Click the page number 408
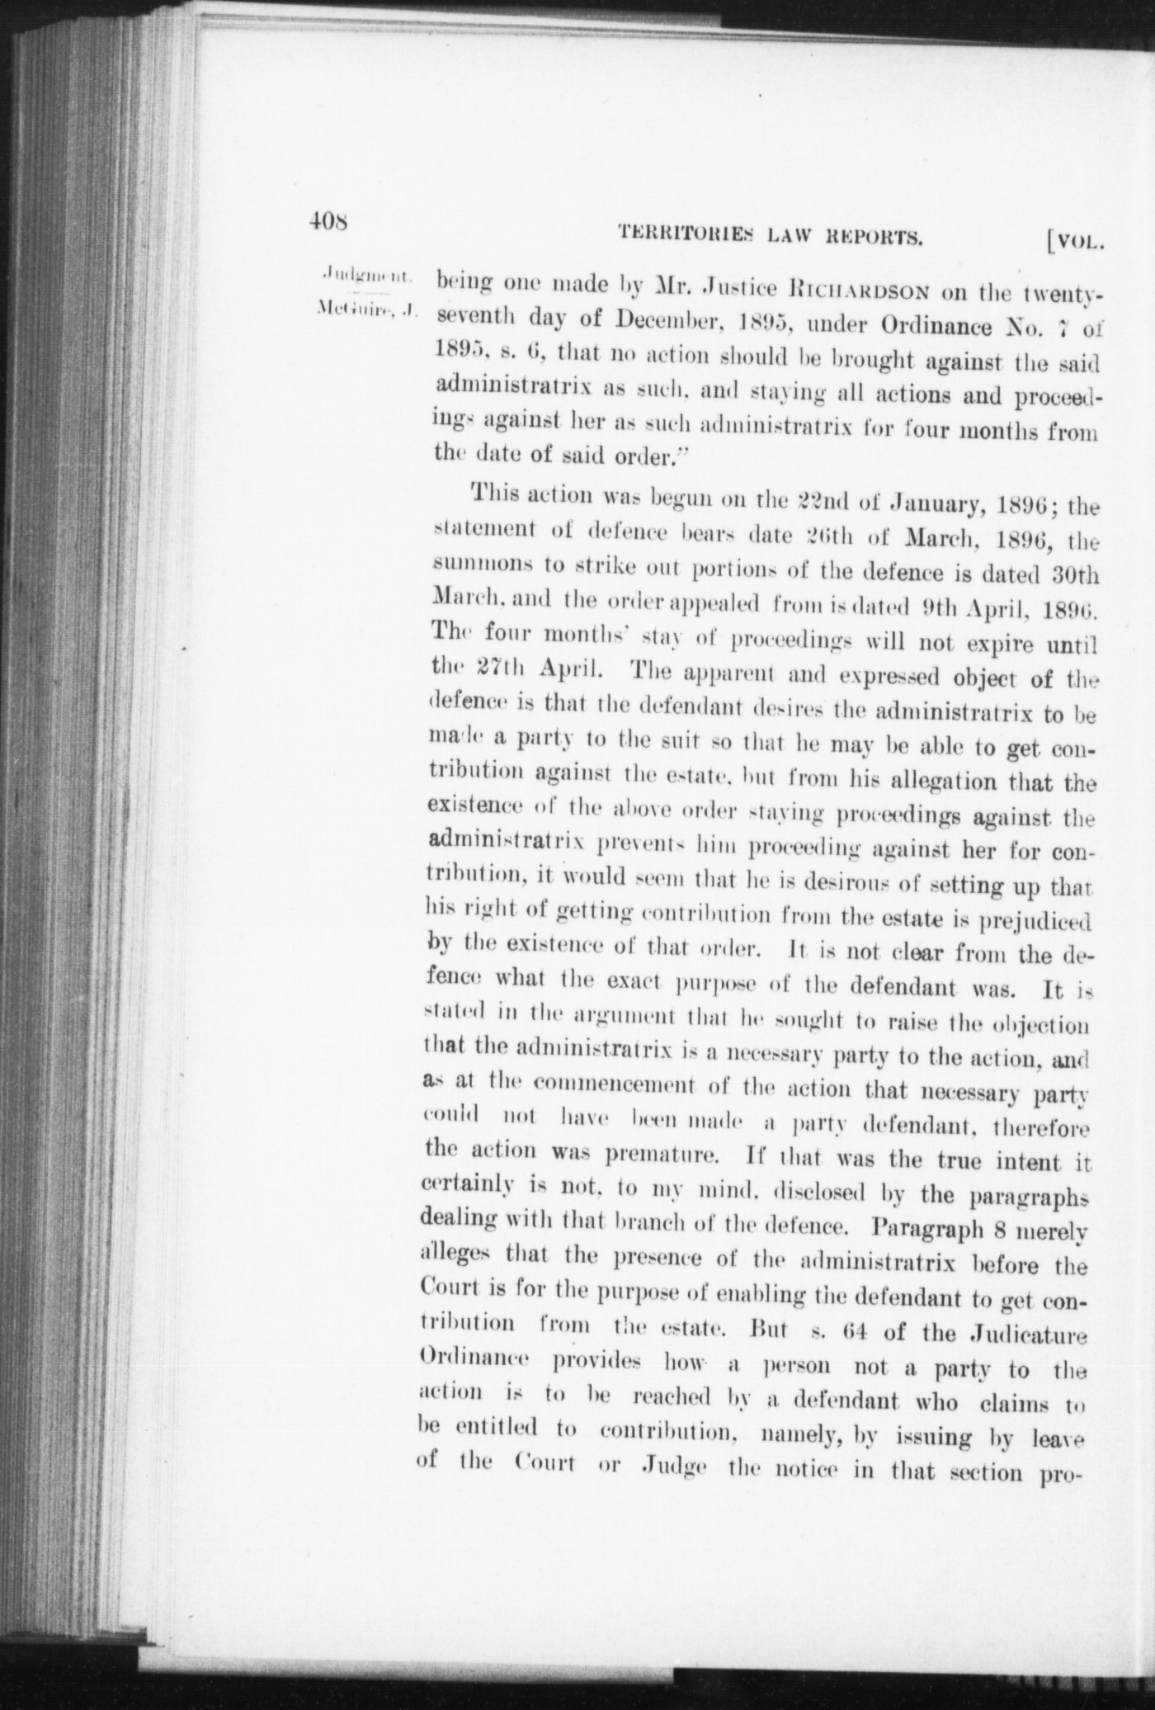click(x=329, y=221)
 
